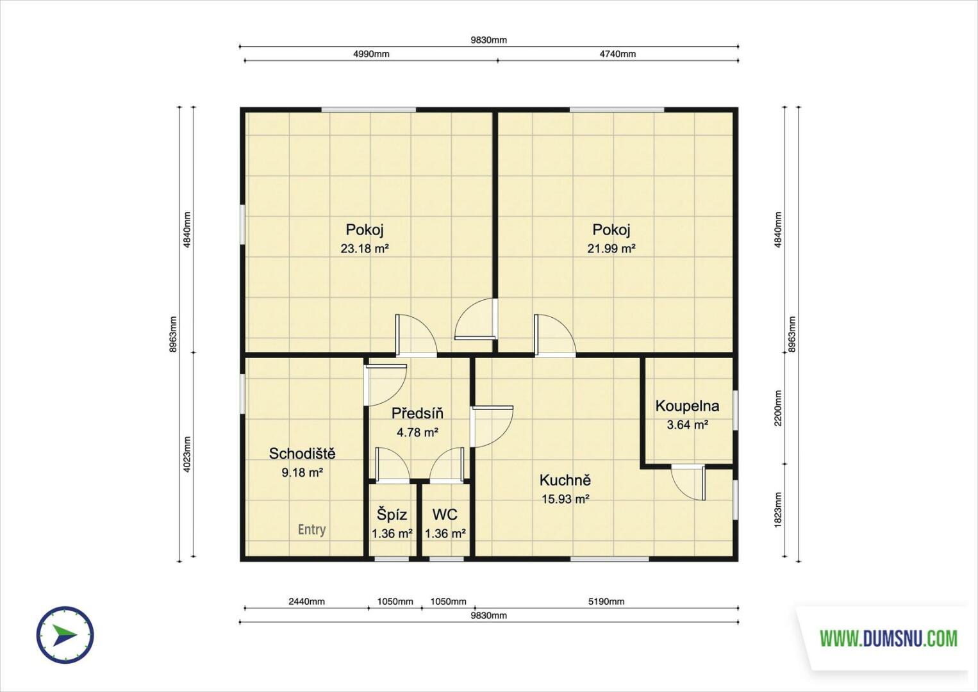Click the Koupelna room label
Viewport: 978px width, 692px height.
pyautogui.click(x=687, y=406)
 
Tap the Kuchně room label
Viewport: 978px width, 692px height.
pyautogui.click(x=565, y=481)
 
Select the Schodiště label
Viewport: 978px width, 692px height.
pyautogui.click(x=302, y=454)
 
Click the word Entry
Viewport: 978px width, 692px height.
pyautogui.click(x=311, y=530)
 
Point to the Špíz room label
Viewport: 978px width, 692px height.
pyautogui.click(x=392, y=515)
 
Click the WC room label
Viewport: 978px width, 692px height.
pyautogui.click(x=445, y=515)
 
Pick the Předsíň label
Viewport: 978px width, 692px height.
pyautogui.click(x=417, y=413)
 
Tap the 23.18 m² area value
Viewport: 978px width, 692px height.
pyautogui.click(x=365, y=249)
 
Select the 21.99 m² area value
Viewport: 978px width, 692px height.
pyautogui.click(x=611, y=249)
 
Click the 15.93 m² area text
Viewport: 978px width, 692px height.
pyautogui.click(x=565, y=499)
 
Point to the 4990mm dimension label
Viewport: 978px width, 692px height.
pyautogui.click(x=371, y=54)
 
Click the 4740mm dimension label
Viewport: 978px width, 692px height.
pyautogui.click(x=618, y=54)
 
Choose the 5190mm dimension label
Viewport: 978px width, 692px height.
pyautogui.click(x=606, y=602)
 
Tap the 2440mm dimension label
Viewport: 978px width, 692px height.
pyautogui.click(x=306, y=602)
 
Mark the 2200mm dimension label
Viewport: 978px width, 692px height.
pyautogui.click(x=778, y=408)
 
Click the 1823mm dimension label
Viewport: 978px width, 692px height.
pyautogui.click(x=778, y=510)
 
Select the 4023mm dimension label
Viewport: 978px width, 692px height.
pyautogui.click(x=187, y=454)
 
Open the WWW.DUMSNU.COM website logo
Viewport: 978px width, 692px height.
pyautogui.click(x=889, y=638)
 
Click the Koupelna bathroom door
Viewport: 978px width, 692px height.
pyautogui.click(x=688, y=483)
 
